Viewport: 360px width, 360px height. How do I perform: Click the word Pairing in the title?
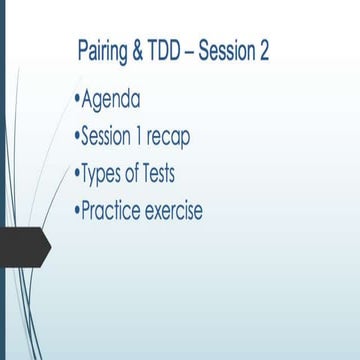104,51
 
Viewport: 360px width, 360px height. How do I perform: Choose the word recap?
180,139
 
